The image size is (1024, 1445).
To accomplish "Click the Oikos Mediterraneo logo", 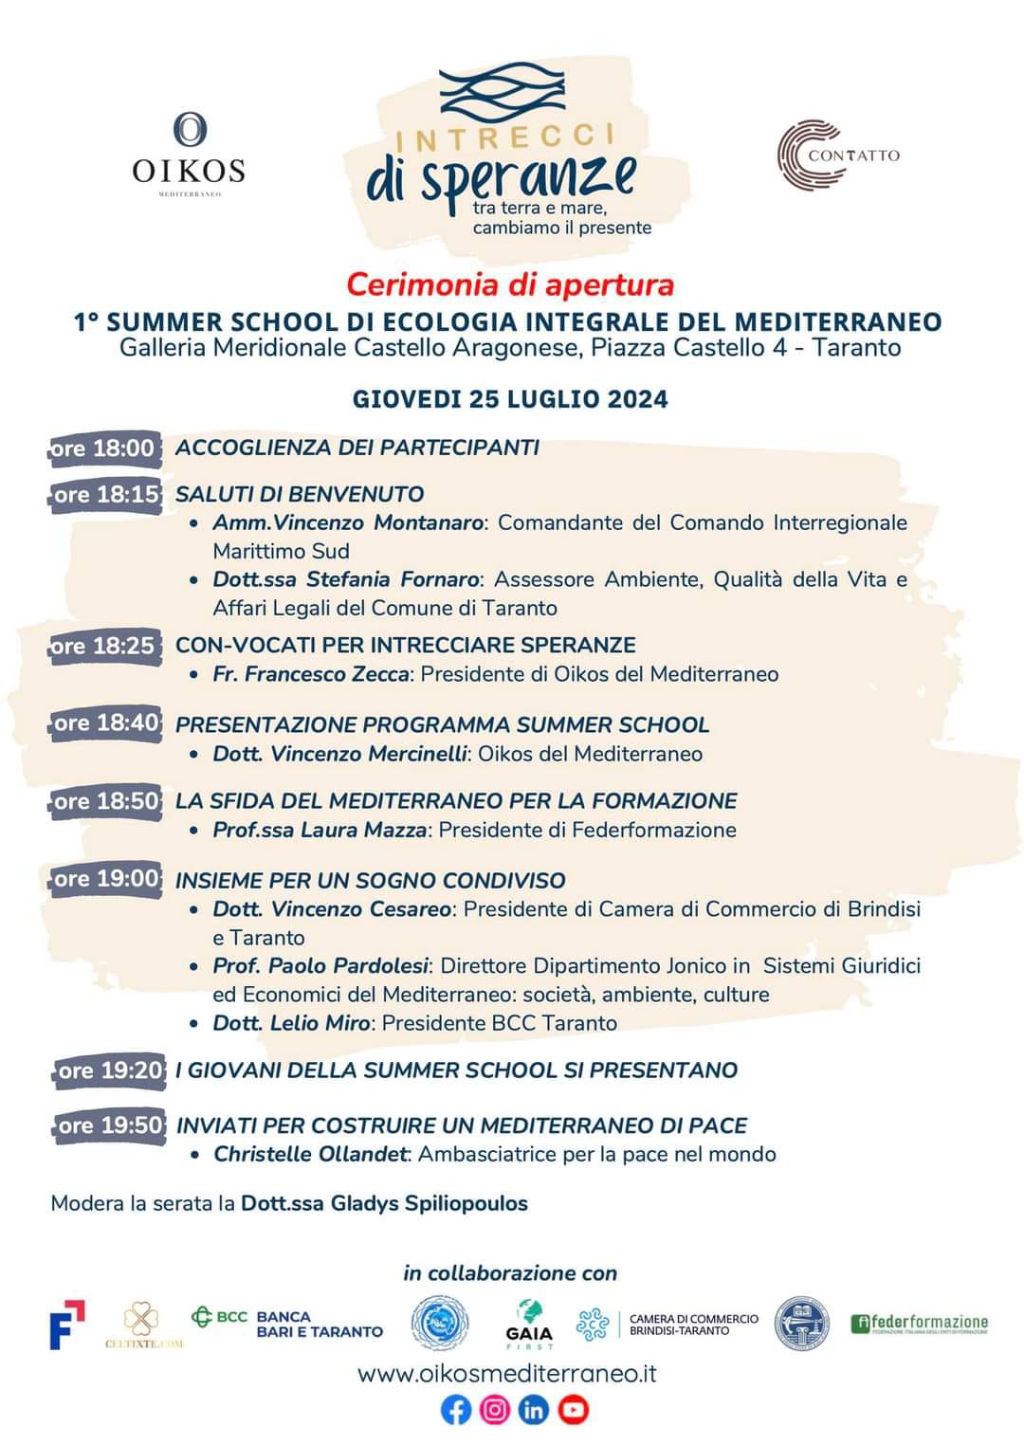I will [189, 154].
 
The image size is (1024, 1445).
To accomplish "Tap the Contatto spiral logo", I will [837, 155].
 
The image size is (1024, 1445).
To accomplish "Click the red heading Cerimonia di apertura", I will [510, 284].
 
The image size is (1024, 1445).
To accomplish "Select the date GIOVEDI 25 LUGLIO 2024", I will [510, 399].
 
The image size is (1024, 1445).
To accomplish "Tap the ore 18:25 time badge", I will [103, 647].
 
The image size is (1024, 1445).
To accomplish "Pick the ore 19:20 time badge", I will [109, 1070].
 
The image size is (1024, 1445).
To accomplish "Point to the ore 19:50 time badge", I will [109, 1125].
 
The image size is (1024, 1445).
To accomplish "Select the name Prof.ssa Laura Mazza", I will [320, 830].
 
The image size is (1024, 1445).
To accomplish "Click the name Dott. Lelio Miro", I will [291, 1023].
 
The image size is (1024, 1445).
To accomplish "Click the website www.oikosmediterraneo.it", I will [507, 1373].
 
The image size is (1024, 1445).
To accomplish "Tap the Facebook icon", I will [456, 1411].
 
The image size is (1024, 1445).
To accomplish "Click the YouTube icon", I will [574, 1411].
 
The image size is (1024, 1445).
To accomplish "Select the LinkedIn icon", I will [534, 1411].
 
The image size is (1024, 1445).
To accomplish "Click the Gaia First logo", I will [529, 1324].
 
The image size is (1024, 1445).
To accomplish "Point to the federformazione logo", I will [919, 1324].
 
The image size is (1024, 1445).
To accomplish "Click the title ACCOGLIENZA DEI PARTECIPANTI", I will [357, 448].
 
